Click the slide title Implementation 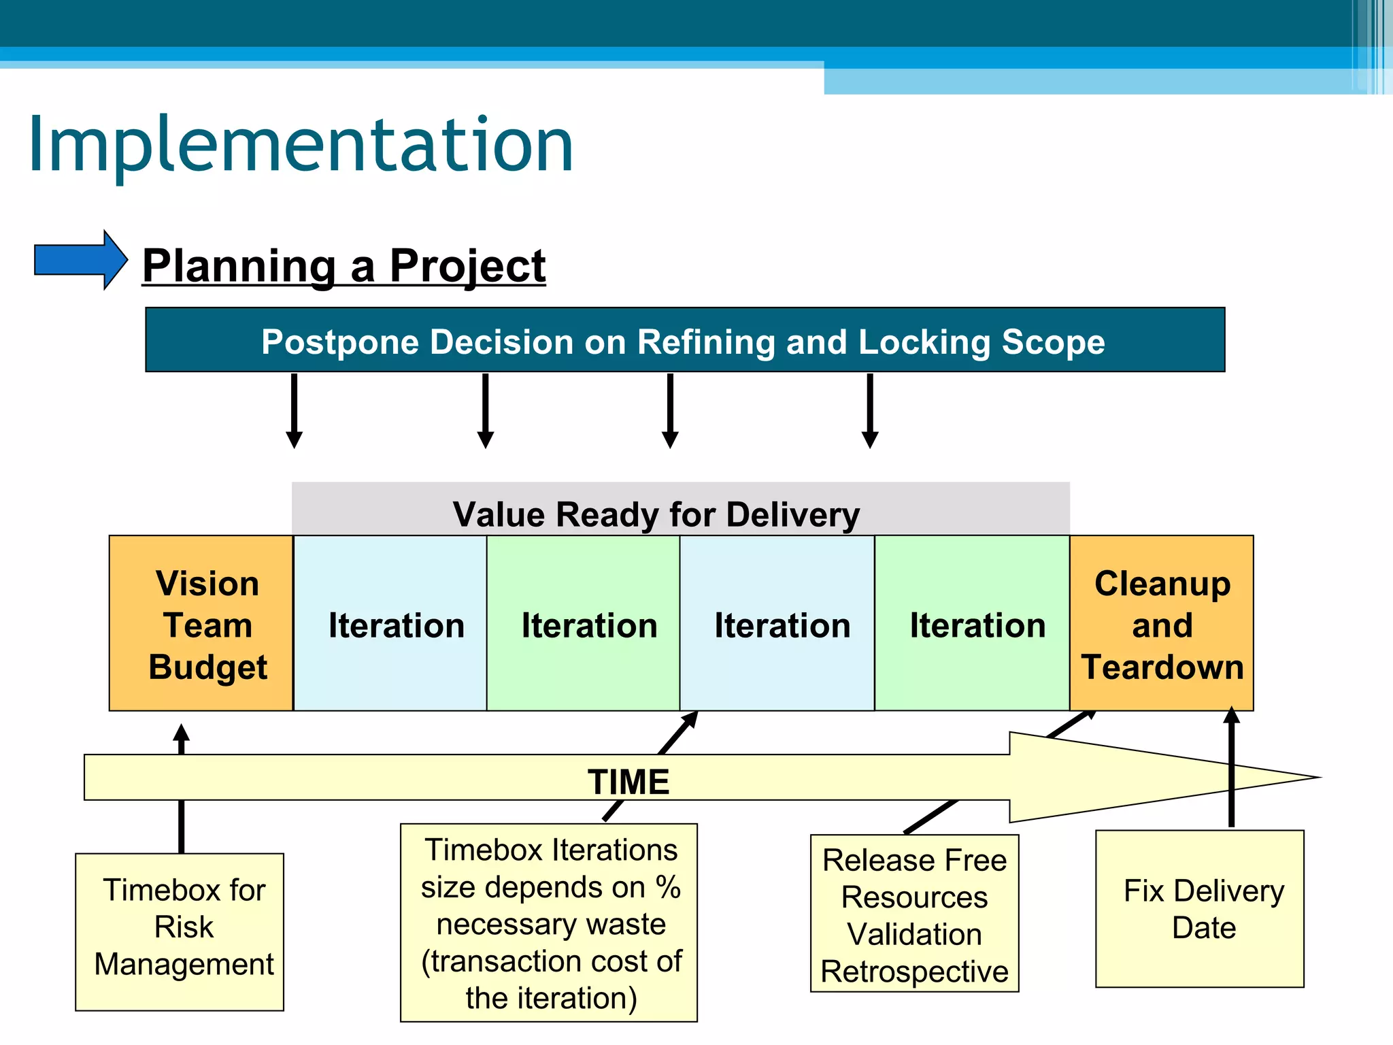pos(301,144)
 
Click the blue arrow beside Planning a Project pos(80,260)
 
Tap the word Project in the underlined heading pos(467,265)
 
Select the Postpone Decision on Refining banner pos(684,340)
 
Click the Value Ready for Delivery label pos(656,514)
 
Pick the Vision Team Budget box pos(201,623)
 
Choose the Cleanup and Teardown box pos(1162,623)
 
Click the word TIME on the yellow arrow pos(628,781)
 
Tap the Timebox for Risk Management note pos(180,931)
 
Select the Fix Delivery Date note pos(1199,908)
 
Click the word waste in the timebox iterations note pos(626,925)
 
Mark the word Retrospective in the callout pos(914,971)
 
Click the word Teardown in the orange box pos(1162,667)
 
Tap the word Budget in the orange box pos(207,667)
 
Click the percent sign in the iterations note pos(668,887)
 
